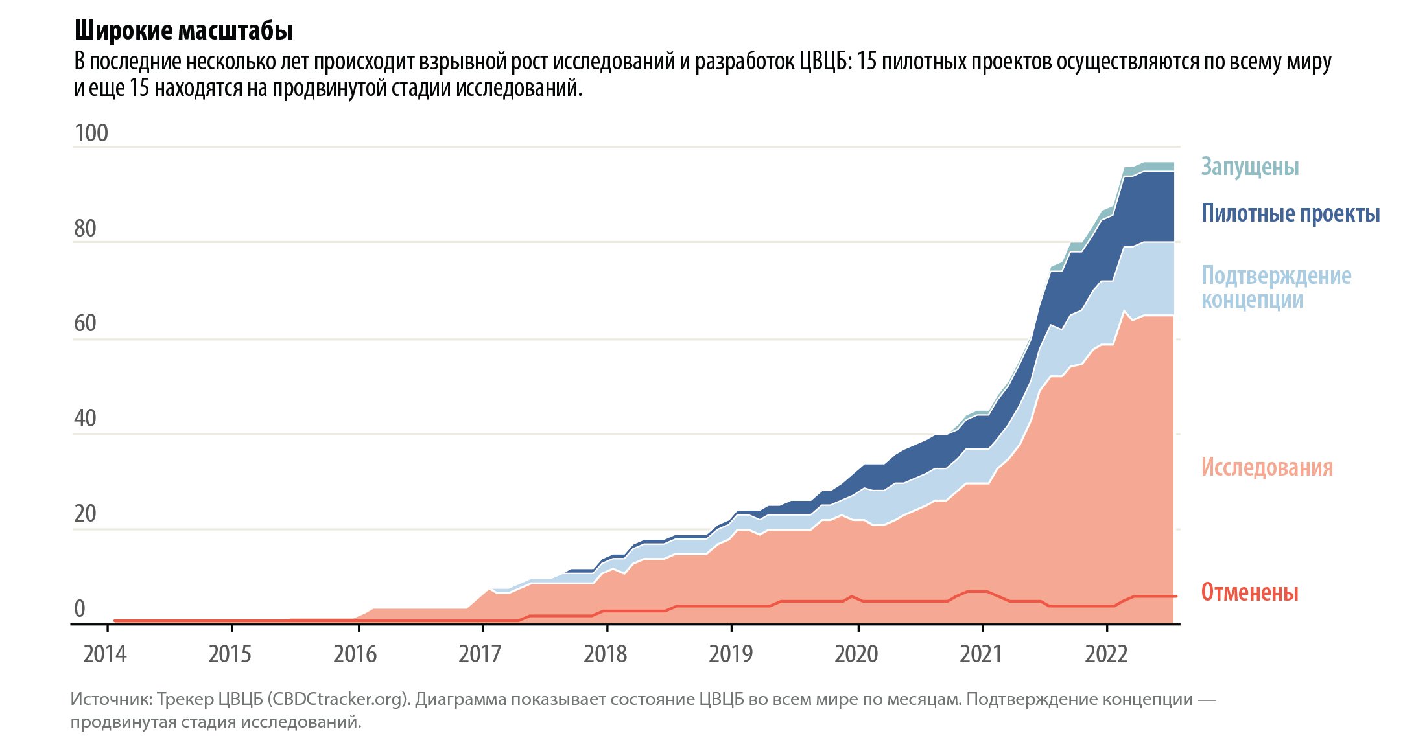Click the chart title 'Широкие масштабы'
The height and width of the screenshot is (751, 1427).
pos(183,30)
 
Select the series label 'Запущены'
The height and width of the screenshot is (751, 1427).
pos(1249,167)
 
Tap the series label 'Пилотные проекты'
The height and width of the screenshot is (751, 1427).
pos(1290,213)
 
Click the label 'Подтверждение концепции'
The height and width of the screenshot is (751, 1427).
pos(1276,287)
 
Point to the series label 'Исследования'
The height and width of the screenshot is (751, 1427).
pos(1267,467)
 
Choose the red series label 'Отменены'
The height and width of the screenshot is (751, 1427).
pos(1249,592)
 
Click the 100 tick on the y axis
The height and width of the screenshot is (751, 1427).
pos(91,133)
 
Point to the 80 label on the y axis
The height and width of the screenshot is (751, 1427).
pos(85,229)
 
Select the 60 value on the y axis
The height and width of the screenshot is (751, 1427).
pos(85,323)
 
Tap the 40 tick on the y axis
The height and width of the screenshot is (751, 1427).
pos(85,419)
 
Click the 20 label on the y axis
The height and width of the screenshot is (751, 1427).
pos(85,514)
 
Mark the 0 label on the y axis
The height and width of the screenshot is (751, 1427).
pos(80,609)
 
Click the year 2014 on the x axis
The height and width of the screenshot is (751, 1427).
pos(105,654)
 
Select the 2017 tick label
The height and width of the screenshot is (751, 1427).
pos(480,654)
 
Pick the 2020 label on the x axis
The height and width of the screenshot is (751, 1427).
pos(856,654)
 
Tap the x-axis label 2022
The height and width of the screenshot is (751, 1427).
pos(1106,654)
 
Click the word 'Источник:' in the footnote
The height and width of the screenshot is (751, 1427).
pos(111,700)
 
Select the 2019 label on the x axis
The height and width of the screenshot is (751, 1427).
pos(731,654)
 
